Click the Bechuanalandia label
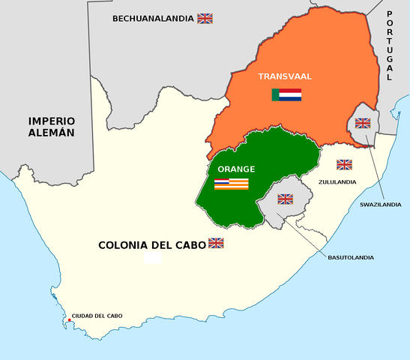coord(153,18)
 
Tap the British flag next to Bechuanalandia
coord(205,18)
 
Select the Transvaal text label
coord(285,76)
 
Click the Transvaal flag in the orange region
coord(286,95)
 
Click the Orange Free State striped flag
coord(232,184)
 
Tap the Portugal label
coord(389,46)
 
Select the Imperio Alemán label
coord(52,126)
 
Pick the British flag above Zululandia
coord(344,164)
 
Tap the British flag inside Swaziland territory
coord(363,123)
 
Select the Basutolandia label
coord(350,257)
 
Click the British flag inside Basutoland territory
coord(285,199)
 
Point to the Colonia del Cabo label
coord(152,244)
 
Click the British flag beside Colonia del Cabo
coord(216,243)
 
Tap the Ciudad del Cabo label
coord(97,316)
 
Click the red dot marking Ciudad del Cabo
coord(69,321)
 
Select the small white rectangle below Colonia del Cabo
coord(153,258)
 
